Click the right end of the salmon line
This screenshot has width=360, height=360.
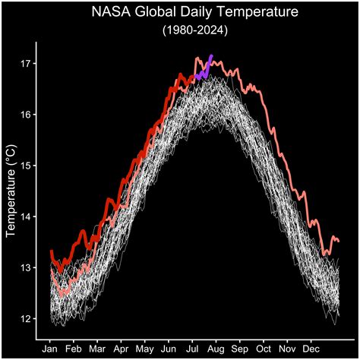[x=338, y=241]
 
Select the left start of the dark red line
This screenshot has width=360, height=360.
[x=51, y=251]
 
